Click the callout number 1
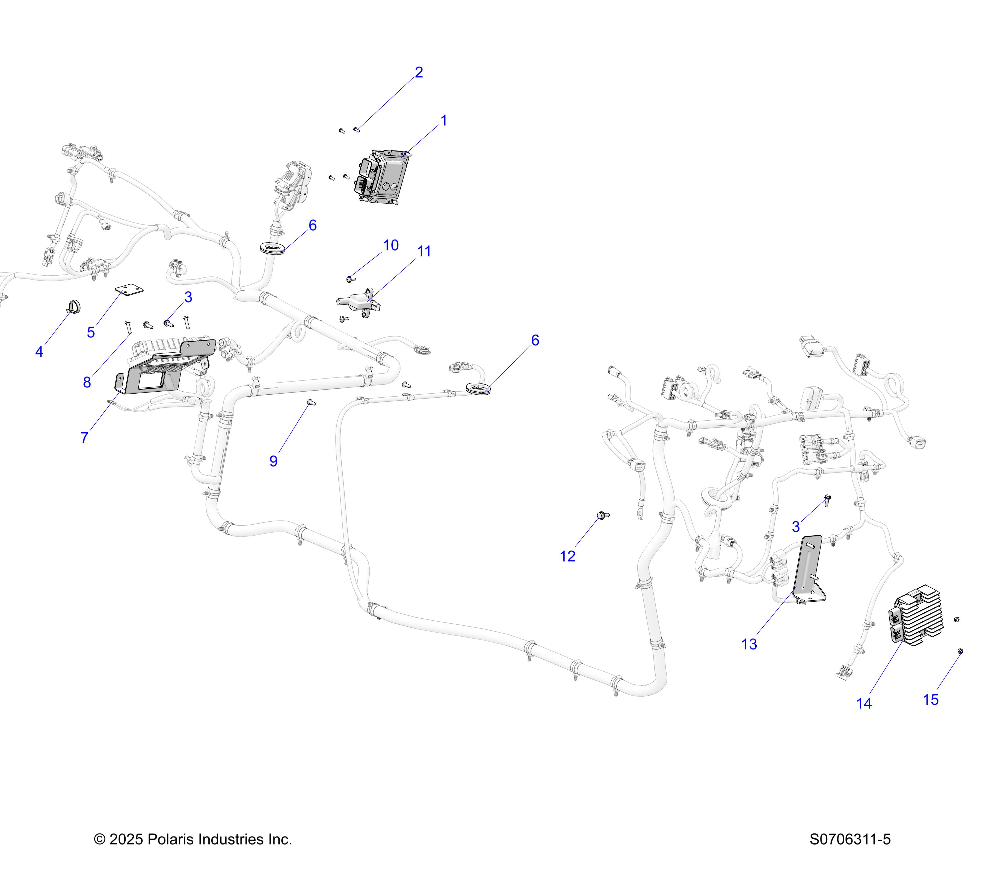coord(443,121)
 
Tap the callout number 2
coord(419,73)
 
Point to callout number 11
coord(424,252)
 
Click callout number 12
coord(567,557)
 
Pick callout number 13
coord(749,645)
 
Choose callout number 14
coord(864,704)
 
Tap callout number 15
coord(931,700)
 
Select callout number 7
coord(85,438)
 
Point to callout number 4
coord(39,352)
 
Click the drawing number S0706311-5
coord(850,839)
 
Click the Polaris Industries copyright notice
coord(193,839)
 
